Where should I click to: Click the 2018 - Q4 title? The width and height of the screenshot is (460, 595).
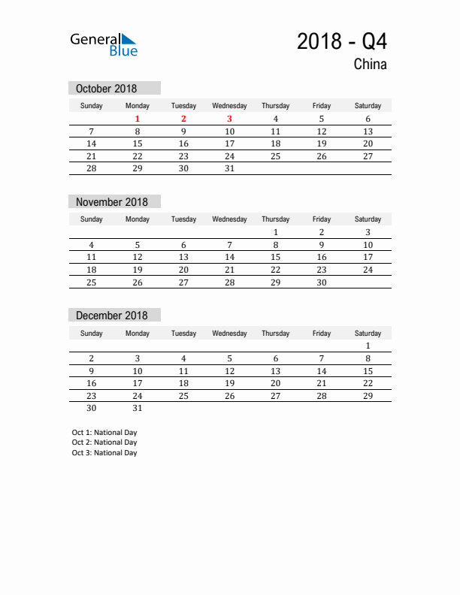point(341,41)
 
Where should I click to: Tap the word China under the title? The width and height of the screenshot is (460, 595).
point(370,65)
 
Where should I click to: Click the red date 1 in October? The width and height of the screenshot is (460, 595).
point(138,119)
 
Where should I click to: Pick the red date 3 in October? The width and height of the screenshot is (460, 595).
point(229,119)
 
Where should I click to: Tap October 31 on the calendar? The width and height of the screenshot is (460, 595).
point(229,168)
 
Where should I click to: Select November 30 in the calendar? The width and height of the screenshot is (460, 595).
point(321,282)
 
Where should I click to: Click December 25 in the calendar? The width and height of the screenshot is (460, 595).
point(183,396)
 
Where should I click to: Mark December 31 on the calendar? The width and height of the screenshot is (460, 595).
point(138,409)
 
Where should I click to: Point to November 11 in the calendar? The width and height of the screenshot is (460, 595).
point(92,257)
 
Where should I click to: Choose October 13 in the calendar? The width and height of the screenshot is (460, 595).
point(368,131)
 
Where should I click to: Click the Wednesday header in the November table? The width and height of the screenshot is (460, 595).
point(229,219)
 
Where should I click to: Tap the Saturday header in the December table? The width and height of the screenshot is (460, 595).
point(368,333)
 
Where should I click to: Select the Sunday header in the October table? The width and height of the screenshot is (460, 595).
point(92,106)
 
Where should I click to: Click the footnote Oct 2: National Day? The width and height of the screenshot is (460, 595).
point(104,442)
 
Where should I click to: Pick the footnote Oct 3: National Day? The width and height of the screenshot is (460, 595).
point(104,453)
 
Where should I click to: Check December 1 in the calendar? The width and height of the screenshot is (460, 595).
point(368,346)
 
